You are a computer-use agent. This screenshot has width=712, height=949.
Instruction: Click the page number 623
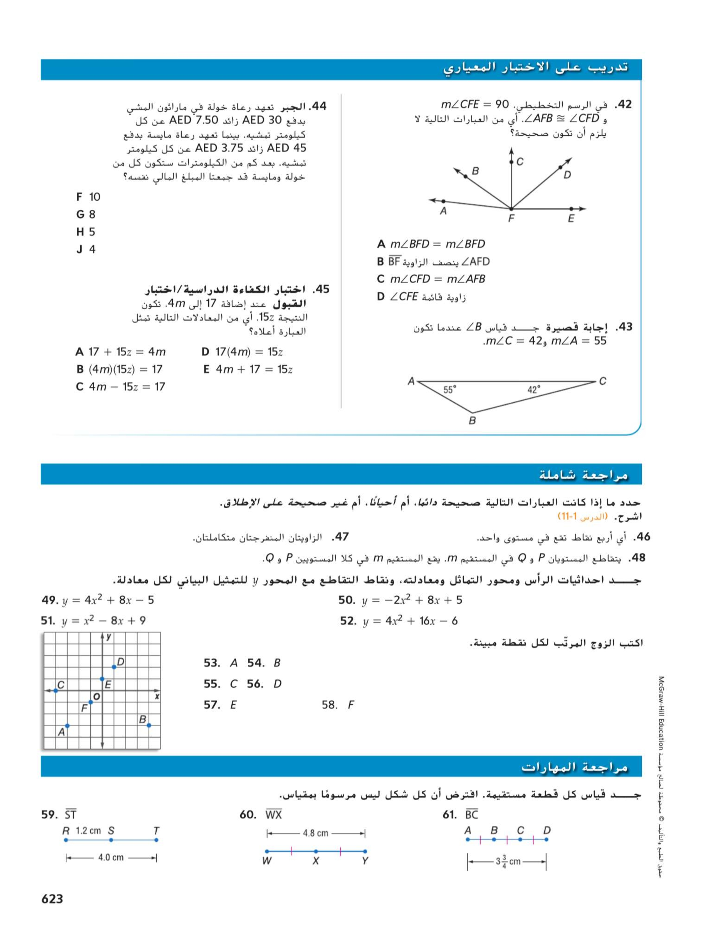[52, 899]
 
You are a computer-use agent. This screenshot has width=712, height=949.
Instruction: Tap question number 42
[623, 105]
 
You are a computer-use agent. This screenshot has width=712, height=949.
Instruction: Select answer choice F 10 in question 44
[88, 197]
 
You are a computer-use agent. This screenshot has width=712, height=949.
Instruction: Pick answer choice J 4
[86, 249]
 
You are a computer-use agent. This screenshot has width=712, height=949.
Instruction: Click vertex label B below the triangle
[472, 420]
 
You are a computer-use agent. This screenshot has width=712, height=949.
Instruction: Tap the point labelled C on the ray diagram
[511, 162]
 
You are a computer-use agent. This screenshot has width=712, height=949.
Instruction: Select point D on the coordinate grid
[114, 667]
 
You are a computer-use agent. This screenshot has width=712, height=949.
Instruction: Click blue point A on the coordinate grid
[67, 726]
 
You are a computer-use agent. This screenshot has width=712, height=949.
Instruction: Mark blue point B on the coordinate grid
[149, 725]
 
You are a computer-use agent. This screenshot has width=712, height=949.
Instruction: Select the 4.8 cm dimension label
[315, 833]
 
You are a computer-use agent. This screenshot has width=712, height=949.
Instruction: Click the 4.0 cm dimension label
[111, 857]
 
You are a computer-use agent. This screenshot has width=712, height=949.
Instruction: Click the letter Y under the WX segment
[365, 861]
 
